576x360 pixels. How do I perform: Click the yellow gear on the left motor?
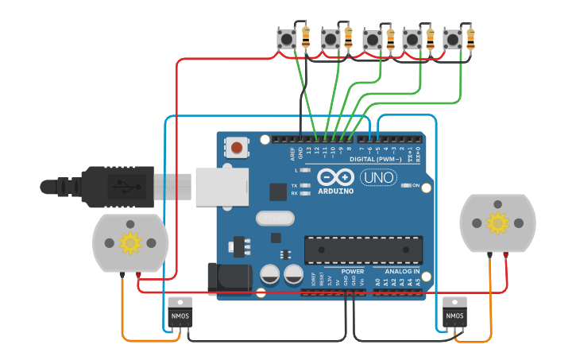pyautogui.click(x=130, y=242)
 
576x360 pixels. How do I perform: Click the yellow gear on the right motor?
pyautogui.click(x=497, y=223)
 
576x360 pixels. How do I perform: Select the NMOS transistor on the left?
pyautogui.click(x=180, y=313)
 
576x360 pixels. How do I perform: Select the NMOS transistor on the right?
pyautogui.click(x=454, y=313)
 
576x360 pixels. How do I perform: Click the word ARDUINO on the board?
pyautogui.click(x=335, y=191)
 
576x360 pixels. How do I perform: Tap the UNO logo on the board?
pyautogui.click(x=378, y=177)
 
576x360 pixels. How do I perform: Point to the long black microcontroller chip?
pyautogui.click(x=363, y=250)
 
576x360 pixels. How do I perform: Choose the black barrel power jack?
pyautogui.click(x=229, y=279)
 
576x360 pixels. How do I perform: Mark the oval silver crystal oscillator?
pyautogui.click(x=275, y=218)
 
